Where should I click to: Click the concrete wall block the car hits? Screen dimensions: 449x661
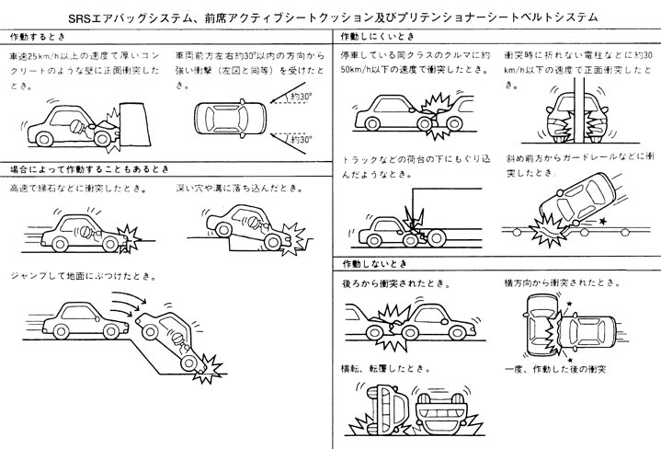[x=136, y=121]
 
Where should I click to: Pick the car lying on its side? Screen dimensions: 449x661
[x=375, y=410]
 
